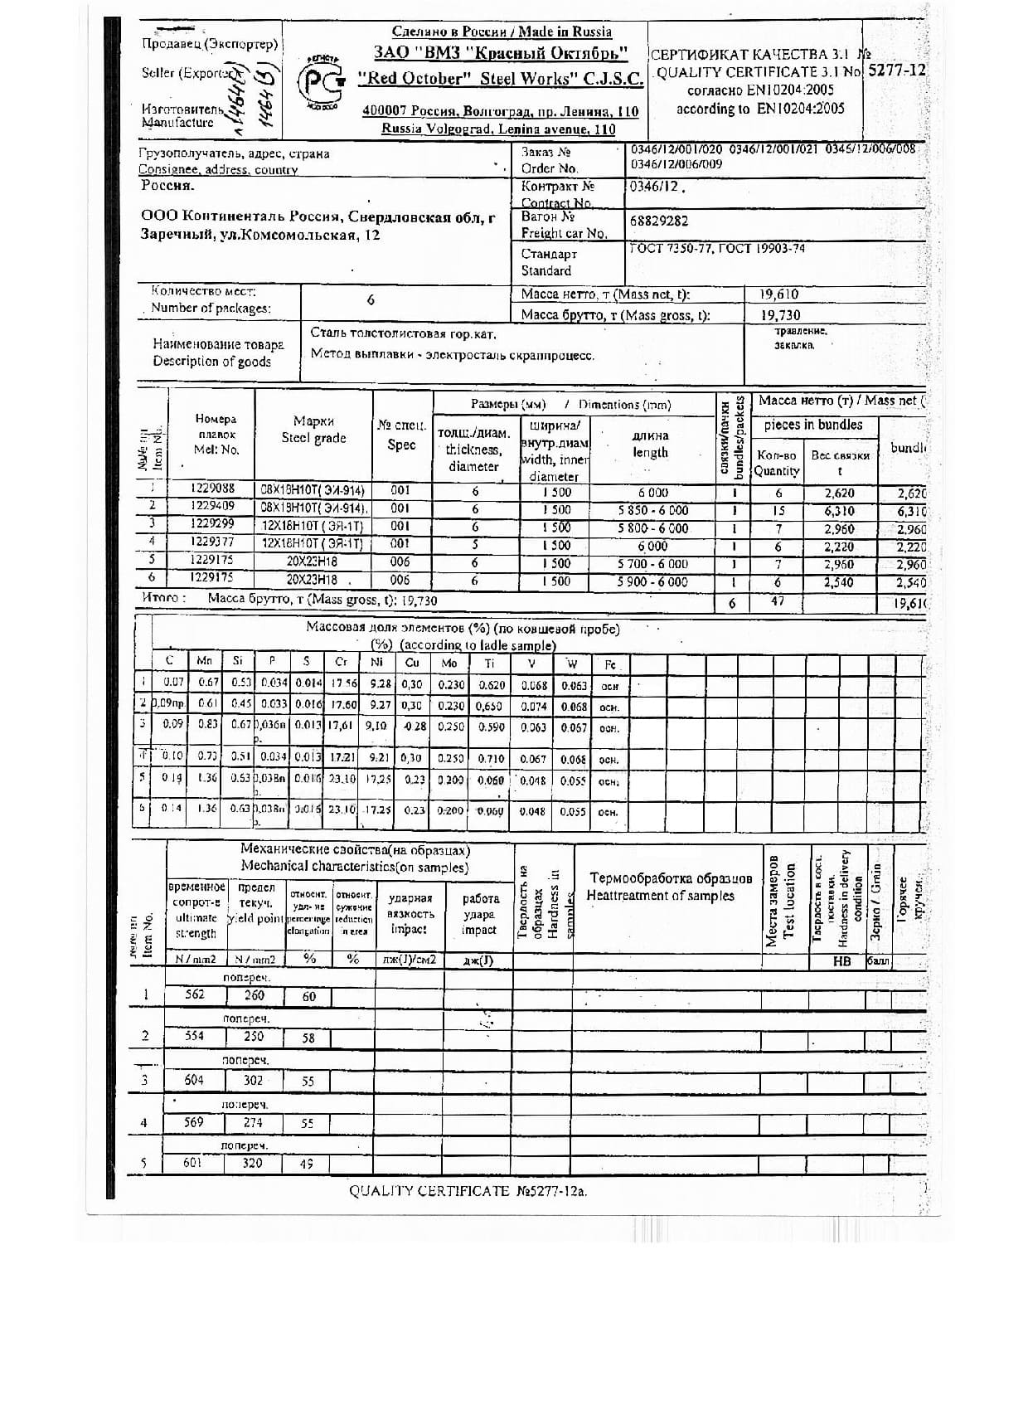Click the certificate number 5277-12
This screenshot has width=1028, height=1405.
896,70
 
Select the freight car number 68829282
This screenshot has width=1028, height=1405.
658,221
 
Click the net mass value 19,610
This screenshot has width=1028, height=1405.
779,294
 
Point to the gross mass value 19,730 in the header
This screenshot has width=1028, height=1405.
780,315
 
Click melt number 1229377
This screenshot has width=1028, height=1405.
212,542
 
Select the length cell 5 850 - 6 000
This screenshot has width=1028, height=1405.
652,510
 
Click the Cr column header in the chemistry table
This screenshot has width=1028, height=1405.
341,662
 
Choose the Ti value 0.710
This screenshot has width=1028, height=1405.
492,759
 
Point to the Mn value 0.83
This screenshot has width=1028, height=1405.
207,724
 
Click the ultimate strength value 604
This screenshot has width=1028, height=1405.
193,1080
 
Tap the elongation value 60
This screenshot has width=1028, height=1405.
308,996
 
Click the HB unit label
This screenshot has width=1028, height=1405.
841,961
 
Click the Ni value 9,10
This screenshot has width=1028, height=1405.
376,725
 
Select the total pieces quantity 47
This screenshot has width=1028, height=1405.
777,601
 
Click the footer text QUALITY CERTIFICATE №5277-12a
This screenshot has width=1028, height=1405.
468,1191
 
